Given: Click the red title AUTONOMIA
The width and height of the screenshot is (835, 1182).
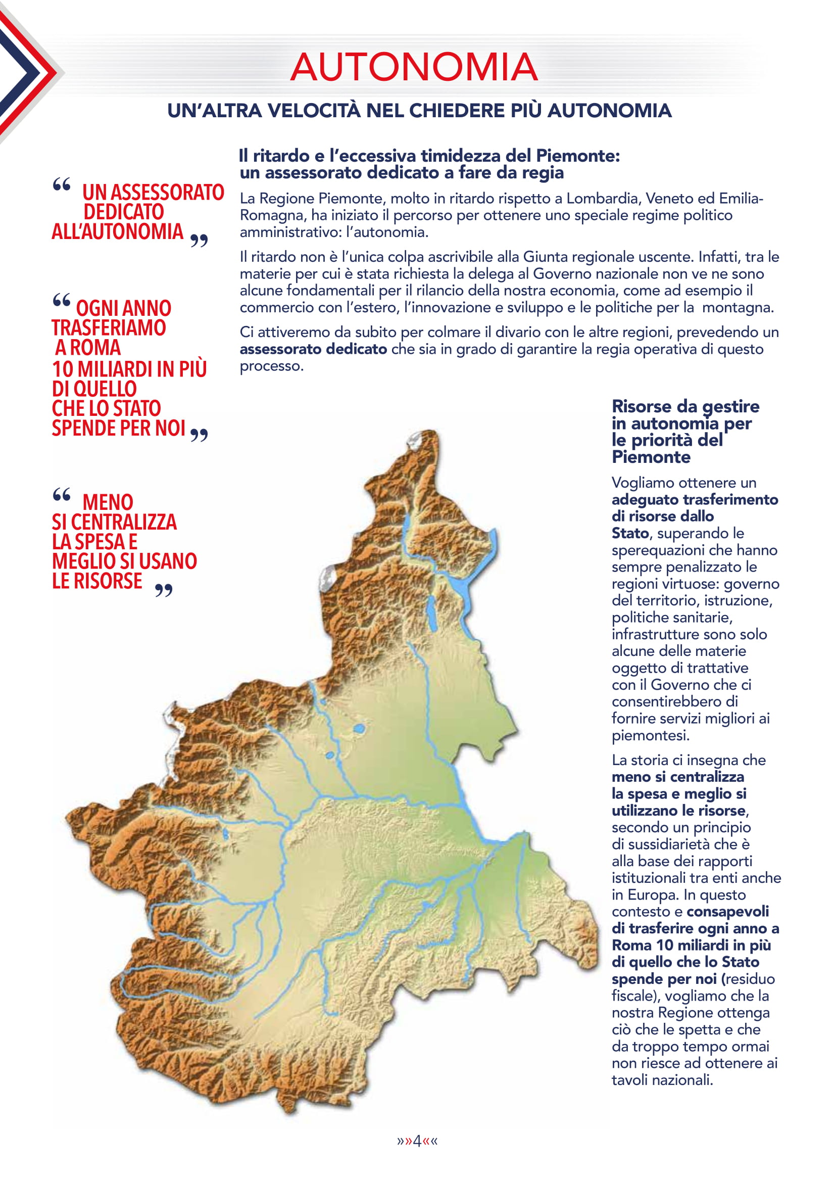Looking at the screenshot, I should click(414, 67).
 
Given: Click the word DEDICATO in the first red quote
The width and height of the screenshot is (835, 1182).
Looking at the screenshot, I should click(123, 212).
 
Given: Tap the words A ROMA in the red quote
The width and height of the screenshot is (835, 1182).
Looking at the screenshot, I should click(88, 348).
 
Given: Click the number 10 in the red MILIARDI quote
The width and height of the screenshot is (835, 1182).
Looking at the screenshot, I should click(63, 369).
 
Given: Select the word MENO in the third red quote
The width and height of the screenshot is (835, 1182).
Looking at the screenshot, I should click(108, 502).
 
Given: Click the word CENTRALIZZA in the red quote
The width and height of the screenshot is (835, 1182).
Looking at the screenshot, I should click(123, 522).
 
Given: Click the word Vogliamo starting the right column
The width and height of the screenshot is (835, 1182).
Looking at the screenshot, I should click(643, 483).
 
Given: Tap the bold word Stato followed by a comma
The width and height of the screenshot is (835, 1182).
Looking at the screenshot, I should click(630, 533).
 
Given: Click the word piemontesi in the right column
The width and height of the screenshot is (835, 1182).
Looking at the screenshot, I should click(649, 736).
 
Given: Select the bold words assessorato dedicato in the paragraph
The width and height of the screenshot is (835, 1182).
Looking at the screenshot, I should click(313, 349).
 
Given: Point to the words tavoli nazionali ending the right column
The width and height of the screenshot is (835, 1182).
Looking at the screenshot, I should click(662, 1080).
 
